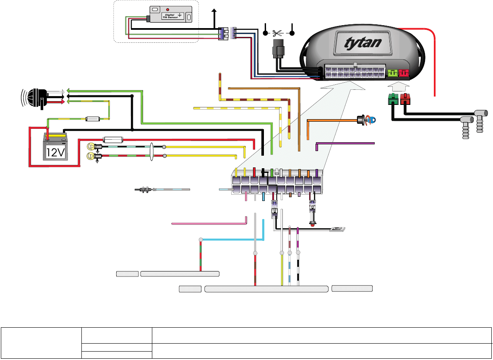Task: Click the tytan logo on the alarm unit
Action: click(363, 43)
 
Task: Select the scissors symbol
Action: click(277, 33)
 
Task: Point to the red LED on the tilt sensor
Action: click(168, 9)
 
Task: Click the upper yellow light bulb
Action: click(90, 146)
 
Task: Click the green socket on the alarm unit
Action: click(392, 73)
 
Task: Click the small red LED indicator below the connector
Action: click(313, 224)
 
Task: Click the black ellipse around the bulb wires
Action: click(151, 152)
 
